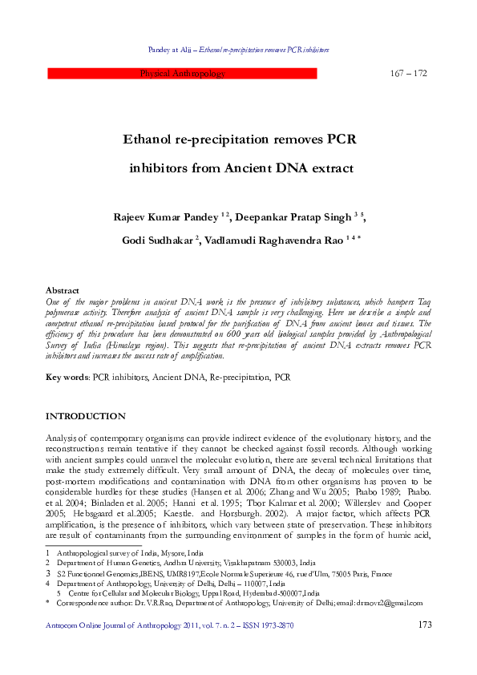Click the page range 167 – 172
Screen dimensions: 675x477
coord(409,74)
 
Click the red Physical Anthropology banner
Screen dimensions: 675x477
coord(183,74)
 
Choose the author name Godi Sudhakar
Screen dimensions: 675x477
coord(158,240)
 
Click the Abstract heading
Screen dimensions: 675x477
coord(62,290)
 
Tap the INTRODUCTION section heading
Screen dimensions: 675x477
coord(85,416)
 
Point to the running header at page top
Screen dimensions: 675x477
coord(238,50)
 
